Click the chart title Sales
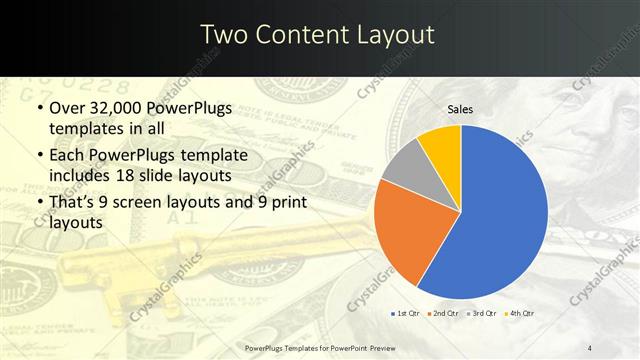click(460, 109)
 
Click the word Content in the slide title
click(303, 35)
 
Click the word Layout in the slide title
click(396, 35)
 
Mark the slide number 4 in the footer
click(590, 348)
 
